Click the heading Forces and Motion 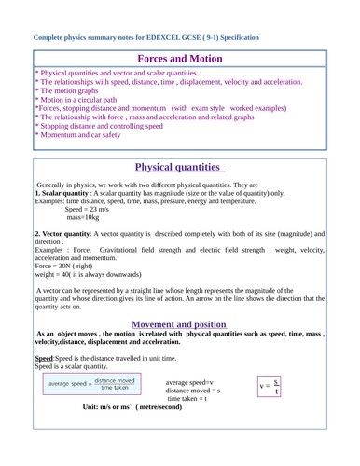tap(179, 58)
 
